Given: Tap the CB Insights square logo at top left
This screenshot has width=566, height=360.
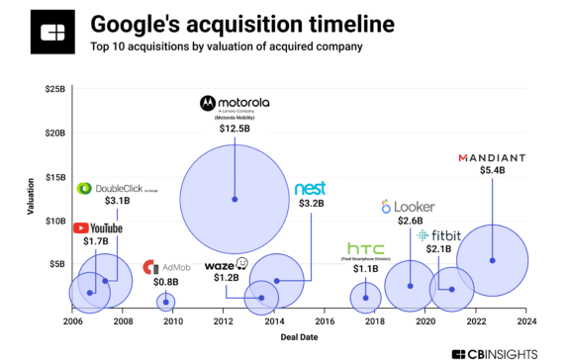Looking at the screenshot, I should (x=48, y=32).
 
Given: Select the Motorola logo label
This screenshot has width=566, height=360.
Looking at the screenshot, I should (x=235, y=102).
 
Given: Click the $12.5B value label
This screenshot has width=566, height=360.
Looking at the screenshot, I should (x=235, y=129).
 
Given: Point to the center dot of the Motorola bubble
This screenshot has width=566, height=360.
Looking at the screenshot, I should (x=235, y=199).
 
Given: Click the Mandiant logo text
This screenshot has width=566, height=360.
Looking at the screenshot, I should (x=492, y=156).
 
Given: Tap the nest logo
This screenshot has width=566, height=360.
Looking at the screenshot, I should (x=311, y=188).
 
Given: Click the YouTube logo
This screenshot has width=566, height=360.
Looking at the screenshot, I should (x=99, y=228).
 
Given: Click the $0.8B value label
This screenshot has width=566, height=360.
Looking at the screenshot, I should (x=166, y=282).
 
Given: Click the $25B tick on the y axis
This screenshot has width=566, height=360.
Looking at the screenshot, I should (x=54, y=89).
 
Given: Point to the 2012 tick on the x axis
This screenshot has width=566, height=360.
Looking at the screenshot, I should (x=224, y=321).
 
